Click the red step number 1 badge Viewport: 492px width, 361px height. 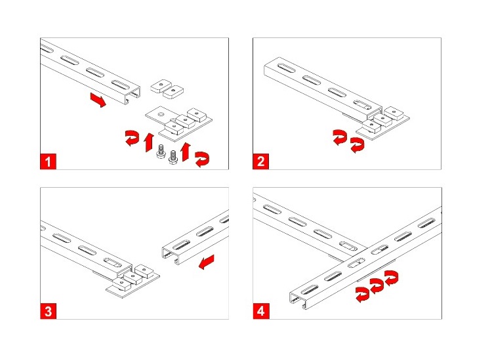48,161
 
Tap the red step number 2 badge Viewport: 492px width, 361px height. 260,161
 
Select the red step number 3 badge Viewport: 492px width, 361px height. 48,311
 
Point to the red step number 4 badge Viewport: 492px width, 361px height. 261,311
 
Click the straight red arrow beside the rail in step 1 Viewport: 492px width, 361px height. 98,100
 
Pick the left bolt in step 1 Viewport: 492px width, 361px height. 161,151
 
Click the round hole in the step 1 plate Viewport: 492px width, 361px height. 161,114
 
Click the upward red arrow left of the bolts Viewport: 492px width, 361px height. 149,142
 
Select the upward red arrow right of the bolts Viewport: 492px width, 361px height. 186,152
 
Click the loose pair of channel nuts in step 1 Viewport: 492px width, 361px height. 167,89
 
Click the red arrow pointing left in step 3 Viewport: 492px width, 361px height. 207,262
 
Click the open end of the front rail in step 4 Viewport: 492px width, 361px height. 297,300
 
